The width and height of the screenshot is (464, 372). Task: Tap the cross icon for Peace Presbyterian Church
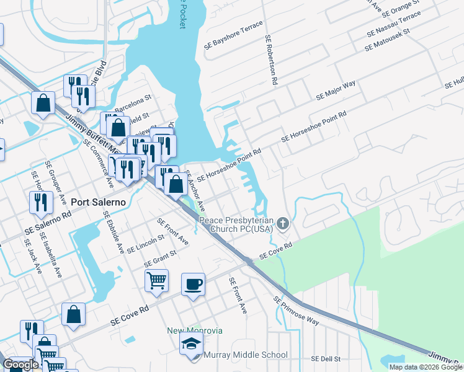283,223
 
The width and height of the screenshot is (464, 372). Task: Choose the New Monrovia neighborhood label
195,330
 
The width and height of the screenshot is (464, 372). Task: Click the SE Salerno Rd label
48,221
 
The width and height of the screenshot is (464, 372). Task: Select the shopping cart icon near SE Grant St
156,280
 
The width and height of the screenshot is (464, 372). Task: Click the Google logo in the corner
20,365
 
